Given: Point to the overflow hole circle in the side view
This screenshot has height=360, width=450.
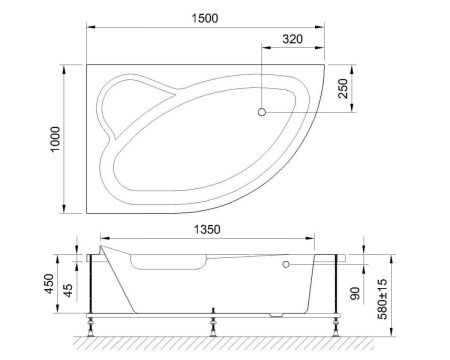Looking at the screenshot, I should (286, 265).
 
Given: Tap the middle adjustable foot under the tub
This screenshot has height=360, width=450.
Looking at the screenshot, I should (212, 323).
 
